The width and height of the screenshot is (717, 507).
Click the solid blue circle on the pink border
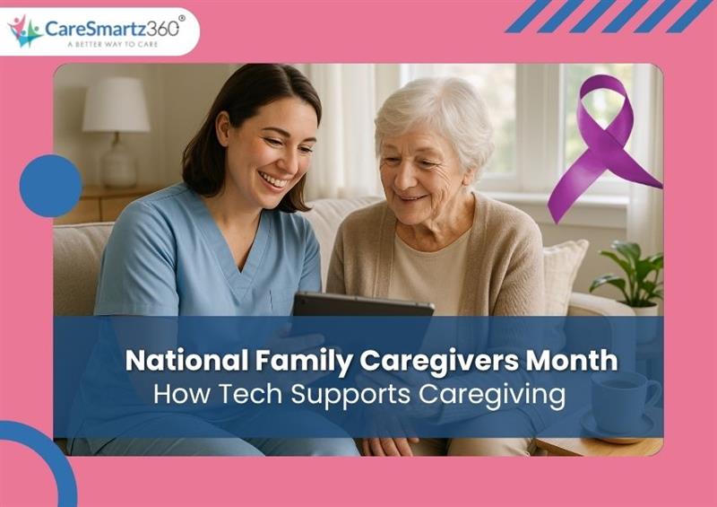[50, 186]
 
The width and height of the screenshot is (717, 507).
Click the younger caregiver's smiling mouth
[273, 179]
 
